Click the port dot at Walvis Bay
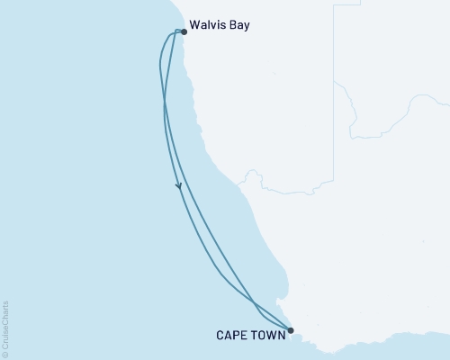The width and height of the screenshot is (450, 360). [184, 31]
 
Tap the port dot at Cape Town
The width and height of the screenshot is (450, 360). [290, 329]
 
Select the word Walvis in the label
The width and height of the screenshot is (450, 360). [209, 25]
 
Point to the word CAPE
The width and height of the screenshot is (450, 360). [233, 335]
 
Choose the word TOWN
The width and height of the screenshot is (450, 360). [270, 335]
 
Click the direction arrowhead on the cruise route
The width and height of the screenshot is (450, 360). [179, 186]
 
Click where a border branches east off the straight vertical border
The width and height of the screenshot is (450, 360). [334, 80]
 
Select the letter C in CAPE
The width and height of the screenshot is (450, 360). [221, 335]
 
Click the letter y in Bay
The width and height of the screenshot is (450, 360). [247, 27]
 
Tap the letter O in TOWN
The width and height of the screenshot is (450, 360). [265, 335]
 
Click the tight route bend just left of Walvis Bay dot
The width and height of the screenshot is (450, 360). [174, 33]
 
